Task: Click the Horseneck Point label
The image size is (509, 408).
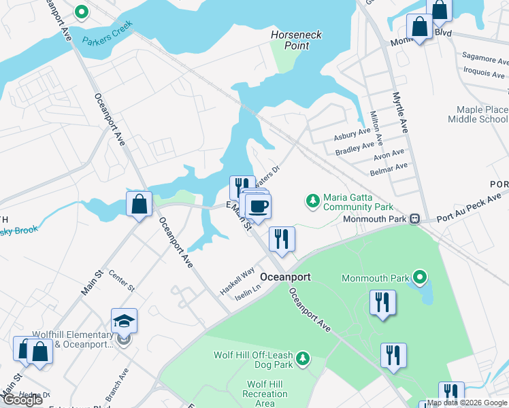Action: [x=296, y=40]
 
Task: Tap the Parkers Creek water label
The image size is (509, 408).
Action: [x=108, y=33]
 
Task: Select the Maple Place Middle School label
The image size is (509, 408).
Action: [x=478, y=114]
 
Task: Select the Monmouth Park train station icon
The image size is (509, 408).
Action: [x=413, y=219]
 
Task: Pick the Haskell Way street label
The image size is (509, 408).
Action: [x=237, y=280]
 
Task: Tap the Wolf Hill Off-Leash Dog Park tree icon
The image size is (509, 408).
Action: [x=303, y=358]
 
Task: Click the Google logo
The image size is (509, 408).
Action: [x=22, y=400]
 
